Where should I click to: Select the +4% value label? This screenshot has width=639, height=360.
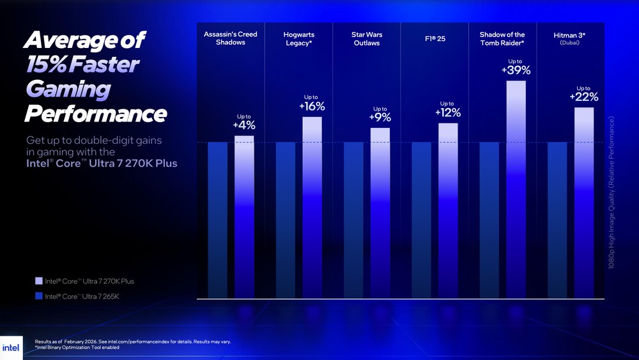click(x=244, y=125)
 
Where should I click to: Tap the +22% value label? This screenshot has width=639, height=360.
click(x=583, y=97)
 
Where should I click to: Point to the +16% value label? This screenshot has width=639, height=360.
click(x=312, y=106)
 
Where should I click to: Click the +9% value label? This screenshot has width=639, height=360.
click(x=380, y=118)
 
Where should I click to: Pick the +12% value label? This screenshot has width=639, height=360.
click(x=447, y=113)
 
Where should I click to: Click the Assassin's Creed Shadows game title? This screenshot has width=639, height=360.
click(x=231, y=38)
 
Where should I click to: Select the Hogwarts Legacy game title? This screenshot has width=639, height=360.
click(x=298, y=39)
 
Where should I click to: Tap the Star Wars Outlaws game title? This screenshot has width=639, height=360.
click(x=367, y=39)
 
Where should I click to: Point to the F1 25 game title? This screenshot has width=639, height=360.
click(x=435, y=39)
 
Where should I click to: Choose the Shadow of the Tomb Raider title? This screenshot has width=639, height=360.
click(x=502, y=39)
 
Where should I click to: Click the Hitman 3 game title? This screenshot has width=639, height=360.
click(x=569, y=36)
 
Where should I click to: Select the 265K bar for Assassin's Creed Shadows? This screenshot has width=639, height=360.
click(x=218, y=220)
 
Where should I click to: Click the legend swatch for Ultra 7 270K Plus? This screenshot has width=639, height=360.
click(x=39, y=281)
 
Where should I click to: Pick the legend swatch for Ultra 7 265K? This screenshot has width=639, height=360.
click(x=39, y=296)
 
